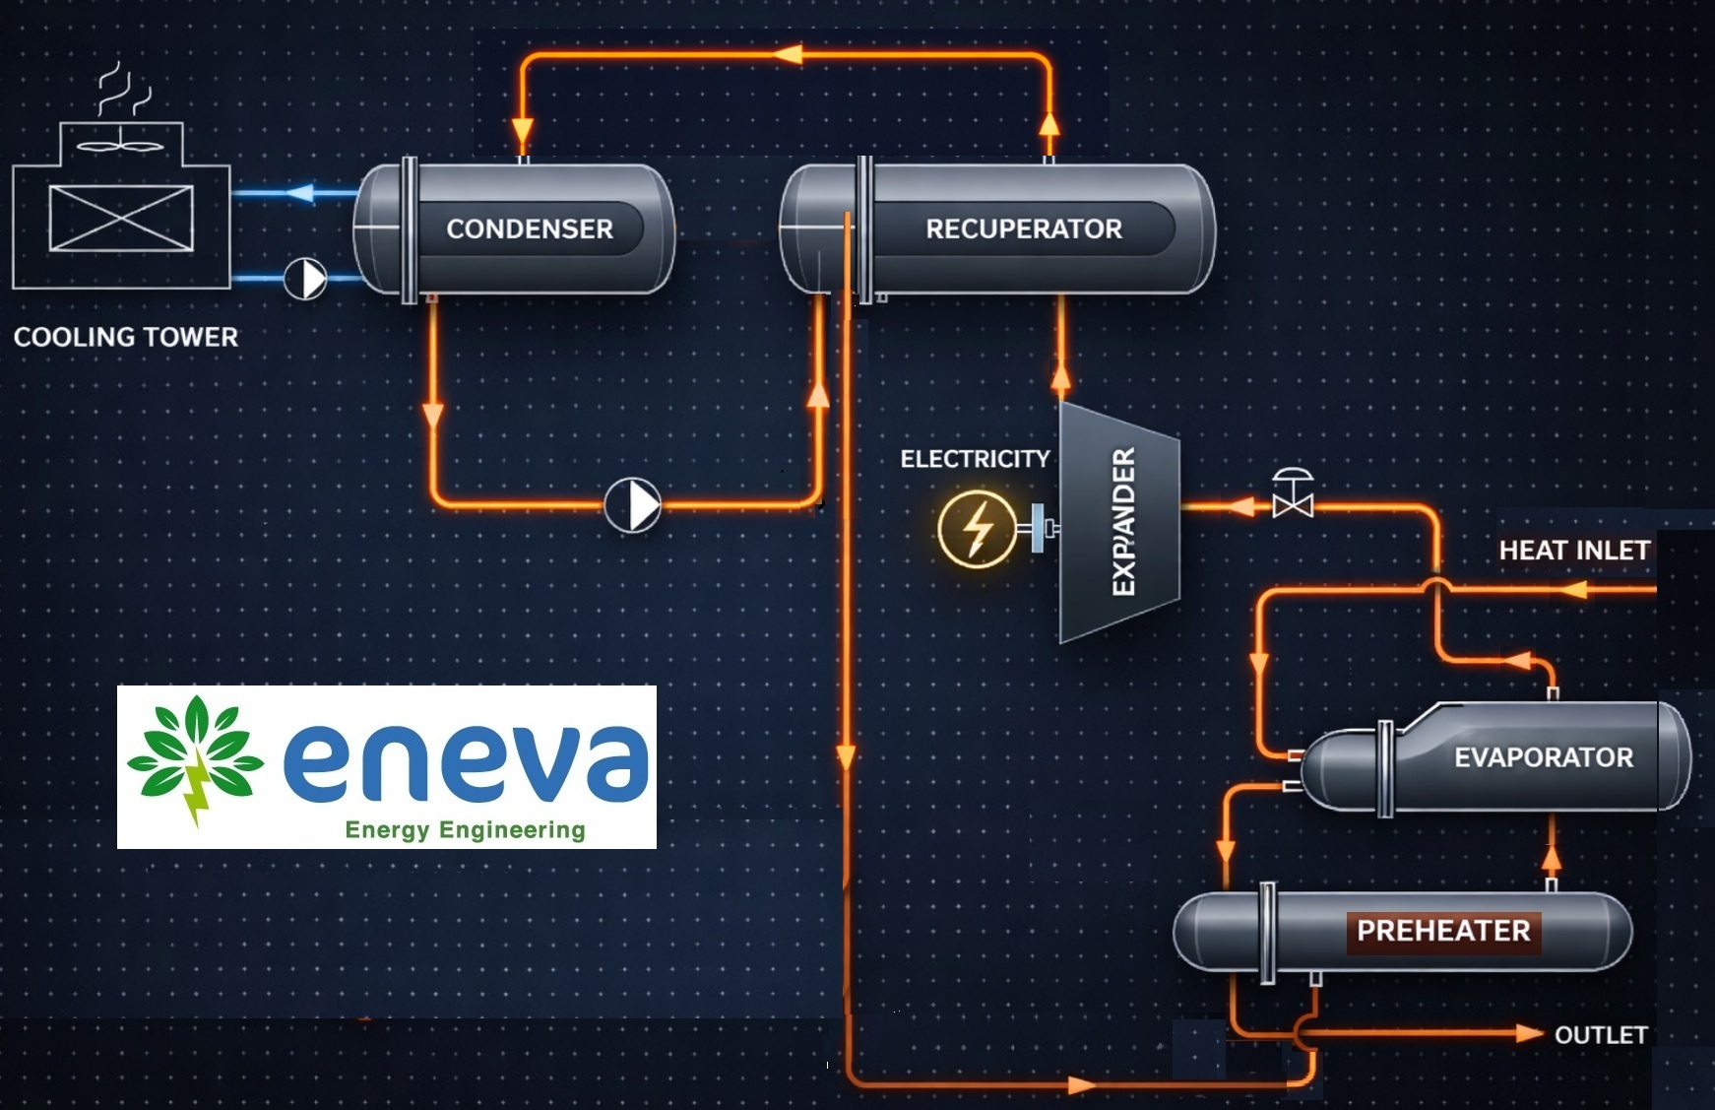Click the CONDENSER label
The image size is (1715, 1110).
(x=529, y=229)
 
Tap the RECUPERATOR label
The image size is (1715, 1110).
(x=1023, y=229)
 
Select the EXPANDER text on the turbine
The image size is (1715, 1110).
(x=1123, y=521)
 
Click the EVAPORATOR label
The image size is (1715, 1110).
(x=1543, y=757)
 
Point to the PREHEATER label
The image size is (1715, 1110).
(x=1442, y=931)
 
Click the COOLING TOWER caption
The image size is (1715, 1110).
(x=126, y=337)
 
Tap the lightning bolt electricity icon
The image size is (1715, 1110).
(x=977, y=528)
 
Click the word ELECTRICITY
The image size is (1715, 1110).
(x=975, y=459)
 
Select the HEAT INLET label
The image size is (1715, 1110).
(x=1573, y=551)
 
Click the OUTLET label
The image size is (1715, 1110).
(x=1600, y=1035)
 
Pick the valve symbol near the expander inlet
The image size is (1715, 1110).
(x=1292, y=494)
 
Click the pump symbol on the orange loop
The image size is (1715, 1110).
(x=633, y=505)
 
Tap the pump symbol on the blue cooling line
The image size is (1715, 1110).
(x=305, y=279)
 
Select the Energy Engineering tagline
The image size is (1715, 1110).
(x=465, y=830)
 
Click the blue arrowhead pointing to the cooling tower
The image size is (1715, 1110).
(x=299, y=192)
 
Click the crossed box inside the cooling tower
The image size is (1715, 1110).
(x=121, y=218)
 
